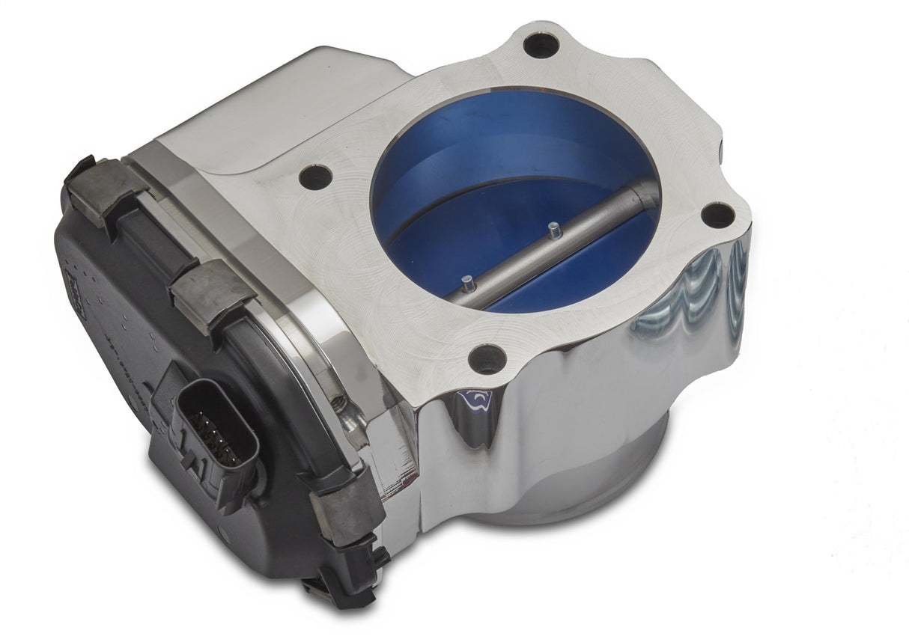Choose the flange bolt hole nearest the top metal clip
click(x=316, y=177)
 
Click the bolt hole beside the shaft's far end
click(x=719, y=215)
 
